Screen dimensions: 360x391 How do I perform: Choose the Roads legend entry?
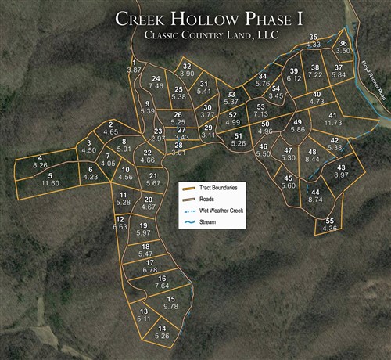pyautogui.click(x=206, y=200)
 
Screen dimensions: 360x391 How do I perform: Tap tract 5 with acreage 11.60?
pyautogui.click(x=50, y=179)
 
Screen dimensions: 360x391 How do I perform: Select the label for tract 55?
pyautogui.click(x=330, y=225)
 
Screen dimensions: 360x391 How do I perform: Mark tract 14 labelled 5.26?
pyautogui.click(x=162, y=332)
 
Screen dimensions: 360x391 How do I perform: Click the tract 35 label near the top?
pyautogui.click(x=313, y=41)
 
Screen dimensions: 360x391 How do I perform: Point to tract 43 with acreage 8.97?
pyautogui.click(x=341, y=171)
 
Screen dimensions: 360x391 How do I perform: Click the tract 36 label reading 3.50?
pyautogui.click(x=343, y=47)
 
